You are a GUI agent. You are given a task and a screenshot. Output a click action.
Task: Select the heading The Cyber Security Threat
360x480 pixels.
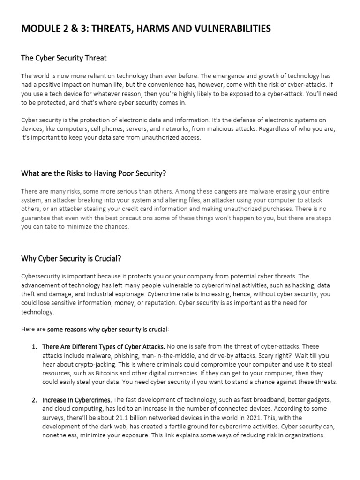[x=64, y=58]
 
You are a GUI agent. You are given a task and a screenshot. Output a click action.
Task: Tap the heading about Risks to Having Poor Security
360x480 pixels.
[x=94, y=173]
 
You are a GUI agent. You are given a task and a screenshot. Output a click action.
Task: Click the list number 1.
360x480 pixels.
[x=34, y=347]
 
